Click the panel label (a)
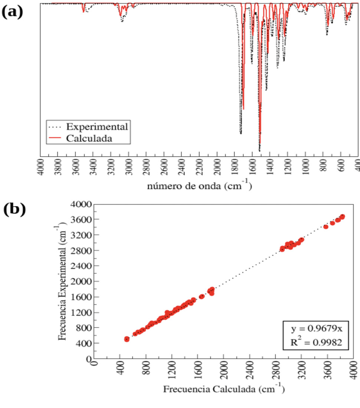click(x=12, y=12)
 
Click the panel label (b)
click(x=14, y=210)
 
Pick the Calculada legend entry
click(x=89, y=138)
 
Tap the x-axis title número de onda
click(x=200, y=185)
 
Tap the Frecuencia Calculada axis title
click(x=224, y=389)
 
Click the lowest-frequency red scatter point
click(x=127, y=339)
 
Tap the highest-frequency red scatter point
click(x=342, y=217)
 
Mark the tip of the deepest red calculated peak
click(x=260, y=143)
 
